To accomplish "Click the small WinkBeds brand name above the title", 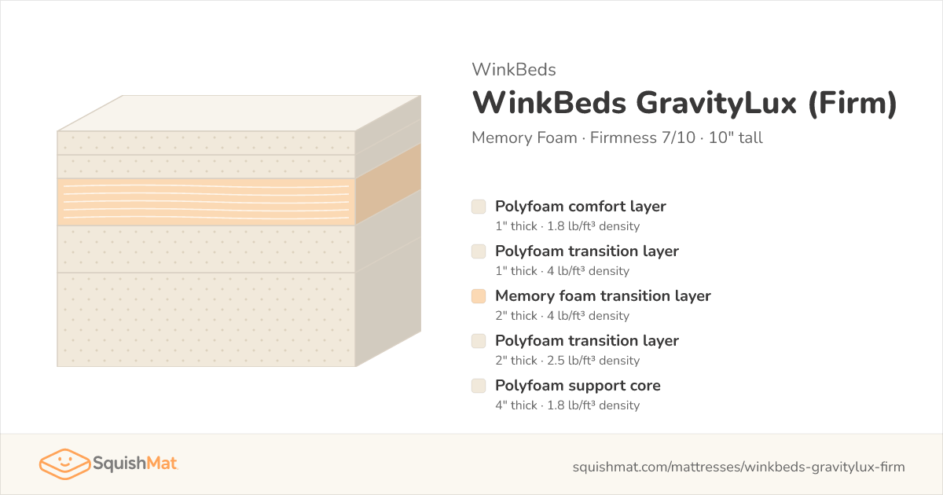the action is click(514, 69).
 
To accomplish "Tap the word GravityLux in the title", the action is click(716, 103).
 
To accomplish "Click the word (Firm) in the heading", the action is click(853, 103).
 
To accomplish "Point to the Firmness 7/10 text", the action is click(643, 137).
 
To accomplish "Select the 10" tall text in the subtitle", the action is click(736, 137).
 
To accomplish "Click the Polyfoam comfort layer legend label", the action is click(581, 207).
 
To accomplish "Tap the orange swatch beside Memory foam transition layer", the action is click(479, 296).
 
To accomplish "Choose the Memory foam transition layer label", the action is click(603, 296).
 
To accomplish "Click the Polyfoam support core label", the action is click(578, 386).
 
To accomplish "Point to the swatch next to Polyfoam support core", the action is click(479, 386).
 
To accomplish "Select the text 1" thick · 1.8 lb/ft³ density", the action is click(567, 226).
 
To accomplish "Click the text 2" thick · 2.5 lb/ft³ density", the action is click(567, 361).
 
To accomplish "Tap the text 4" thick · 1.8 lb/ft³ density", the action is click(567, 405).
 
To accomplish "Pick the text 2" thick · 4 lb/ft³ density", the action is click(563, 316).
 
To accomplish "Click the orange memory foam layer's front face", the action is click(206, 202).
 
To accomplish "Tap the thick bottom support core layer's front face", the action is click(206, 320).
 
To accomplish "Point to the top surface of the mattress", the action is click(239, 113).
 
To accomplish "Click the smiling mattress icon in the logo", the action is click(64, 464).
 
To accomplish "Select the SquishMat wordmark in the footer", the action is click(134, 464).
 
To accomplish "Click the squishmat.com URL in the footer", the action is click(739, 467).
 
